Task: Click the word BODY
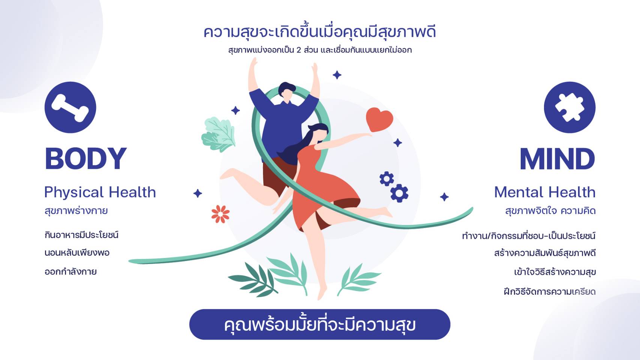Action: pos(86,159)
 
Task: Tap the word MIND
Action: pos(557,159)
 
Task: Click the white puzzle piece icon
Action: pos(569,107)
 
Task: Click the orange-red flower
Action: pos(220,214)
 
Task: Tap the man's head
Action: pos(287,91)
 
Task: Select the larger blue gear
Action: pos(399,193)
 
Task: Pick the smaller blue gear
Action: pos(386,178)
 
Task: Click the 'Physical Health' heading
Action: pos(100,192)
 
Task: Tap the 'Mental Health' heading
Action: pos(545,192)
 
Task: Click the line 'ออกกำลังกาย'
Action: pos(71,271)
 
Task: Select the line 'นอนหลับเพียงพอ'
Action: pos(77,253)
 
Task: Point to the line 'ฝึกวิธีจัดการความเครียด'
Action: pos(550,292)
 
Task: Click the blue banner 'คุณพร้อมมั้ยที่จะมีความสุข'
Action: pos(320,324)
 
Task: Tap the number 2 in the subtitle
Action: pos(299,50)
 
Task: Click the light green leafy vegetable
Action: pos(219,134)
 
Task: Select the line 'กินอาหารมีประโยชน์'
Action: pos(81,235)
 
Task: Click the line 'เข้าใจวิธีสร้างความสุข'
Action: pos(555,272)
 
